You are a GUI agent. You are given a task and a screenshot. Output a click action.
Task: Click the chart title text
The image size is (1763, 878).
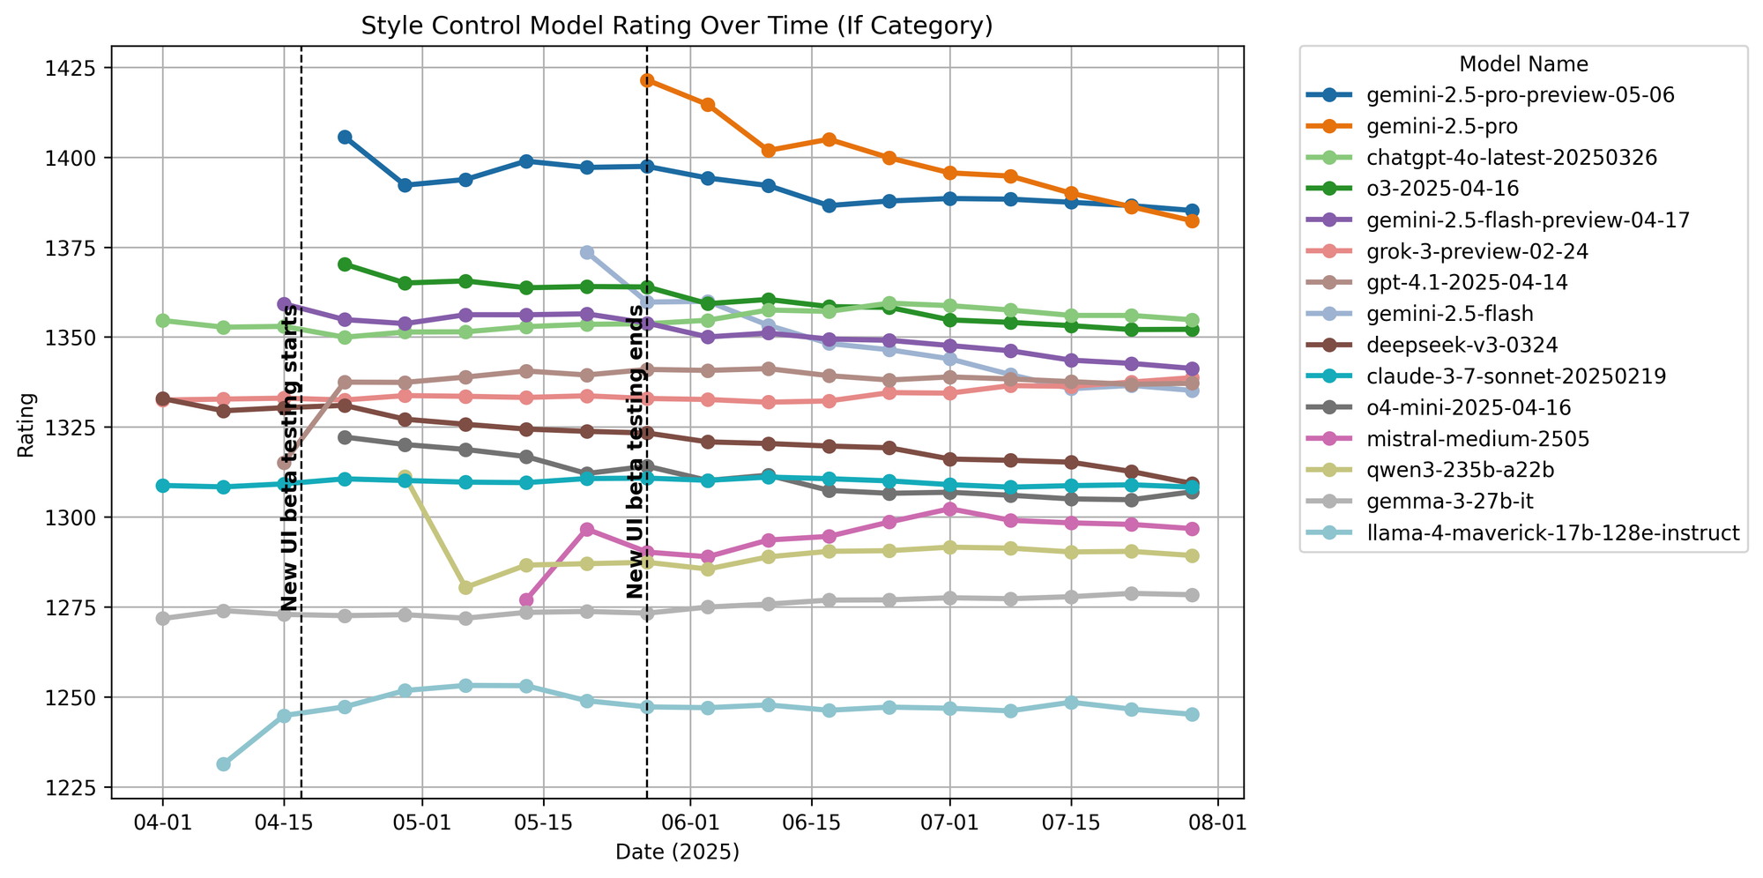tap(677, 26)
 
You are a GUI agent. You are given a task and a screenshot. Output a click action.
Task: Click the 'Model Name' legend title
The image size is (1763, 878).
tap(1523, 64)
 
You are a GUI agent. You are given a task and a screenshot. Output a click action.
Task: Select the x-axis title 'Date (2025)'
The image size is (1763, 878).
tap(677, 852)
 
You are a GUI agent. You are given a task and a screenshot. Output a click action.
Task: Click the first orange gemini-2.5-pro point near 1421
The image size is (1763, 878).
tap(647, 80)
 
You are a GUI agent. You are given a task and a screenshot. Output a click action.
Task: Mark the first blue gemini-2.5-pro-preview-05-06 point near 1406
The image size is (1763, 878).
tap(345, 137)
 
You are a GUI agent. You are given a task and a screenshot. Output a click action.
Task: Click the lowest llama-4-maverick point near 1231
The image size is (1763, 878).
tap(224, 764)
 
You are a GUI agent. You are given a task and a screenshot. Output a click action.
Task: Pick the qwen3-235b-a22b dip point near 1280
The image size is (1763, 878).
tap(465, 587)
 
